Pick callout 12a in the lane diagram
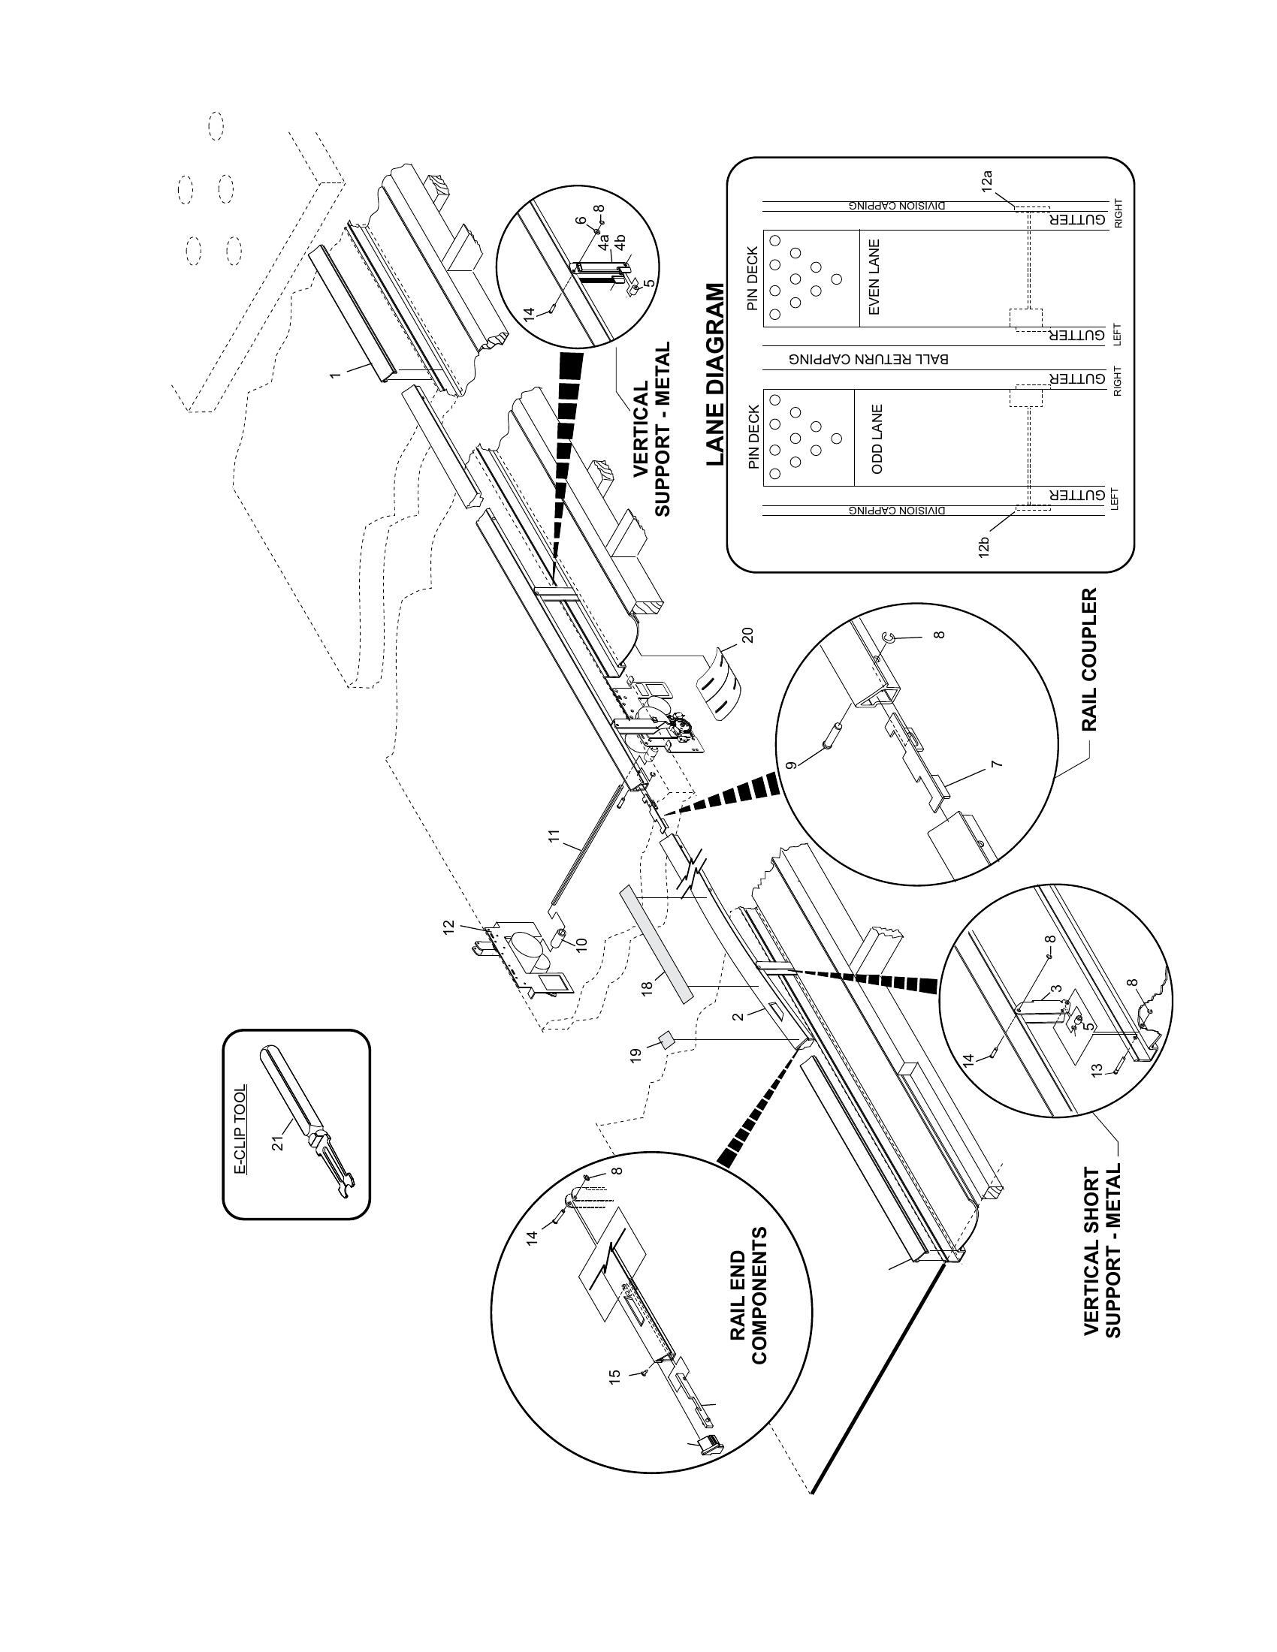(986, 183)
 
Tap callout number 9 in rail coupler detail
(791, 765)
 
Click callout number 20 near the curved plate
(747, 636)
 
